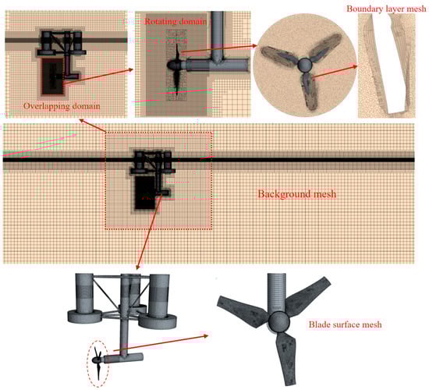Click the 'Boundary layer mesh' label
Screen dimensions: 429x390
pyautogui.click(x=386, y=9)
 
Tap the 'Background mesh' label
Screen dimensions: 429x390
pyautogui.click(x=297, y=194)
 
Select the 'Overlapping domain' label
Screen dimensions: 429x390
pyautogui.click(x=62, y=106)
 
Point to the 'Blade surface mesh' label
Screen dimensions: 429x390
pyautogui.click(x=346, y=324)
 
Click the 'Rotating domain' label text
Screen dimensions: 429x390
pyautogui.click(x=175, y=21)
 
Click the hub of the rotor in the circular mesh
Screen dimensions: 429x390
pyautogui.click(x=304, y=66)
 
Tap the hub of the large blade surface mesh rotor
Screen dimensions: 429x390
pyautogui.click(x=278, y=321)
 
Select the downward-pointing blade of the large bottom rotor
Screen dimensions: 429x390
pyautogui.click(x=286, y=358)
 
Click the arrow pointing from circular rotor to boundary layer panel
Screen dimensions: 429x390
pyautogui.click(x=335, y=72)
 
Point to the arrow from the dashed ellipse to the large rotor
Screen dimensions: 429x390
pyautogui.click(x=161, y=342)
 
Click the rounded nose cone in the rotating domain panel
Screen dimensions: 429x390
pyautogui.click(x=172, y=65)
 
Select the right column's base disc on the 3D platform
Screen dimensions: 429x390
pyautogui.click(x=158, y=321)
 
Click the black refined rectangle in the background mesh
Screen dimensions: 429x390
pyautogui.click(x=145, y=193)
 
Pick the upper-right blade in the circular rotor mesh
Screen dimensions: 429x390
pyautogui.click(x=325, y=48)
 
